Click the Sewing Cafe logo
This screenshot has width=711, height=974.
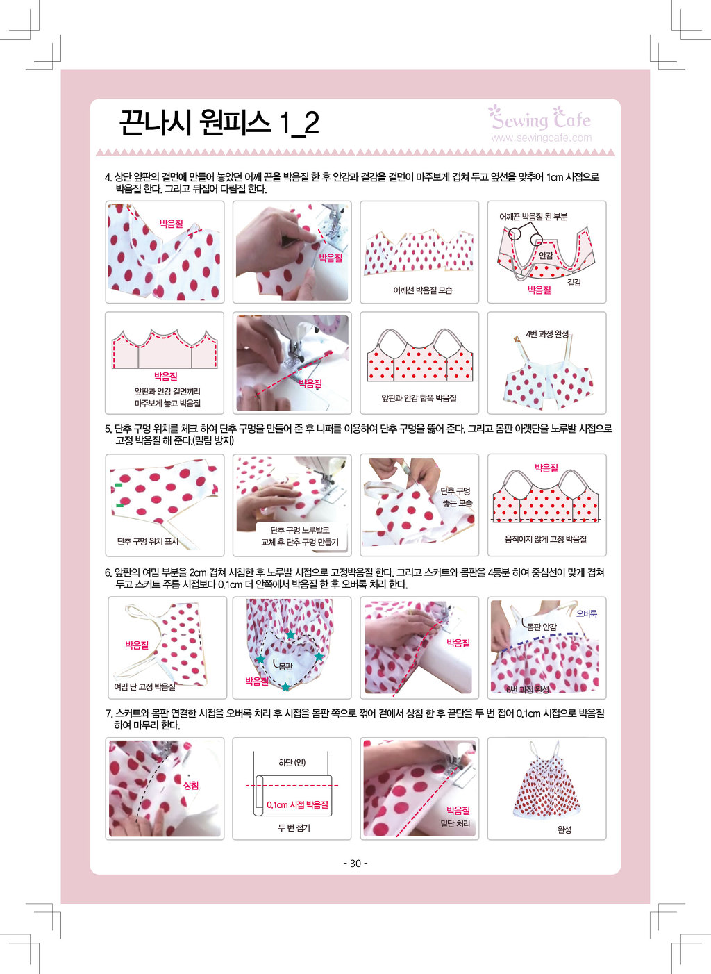[x=539, y=117]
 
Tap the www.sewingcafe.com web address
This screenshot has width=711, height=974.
[x=542, y=138]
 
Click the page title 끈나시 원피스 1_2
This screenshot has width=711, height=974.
[x=219, y=122]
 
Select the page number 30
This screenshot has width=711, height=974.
[x=355, y=863]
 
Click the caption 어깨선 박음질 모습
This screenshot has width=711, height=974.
[x=422, y=290]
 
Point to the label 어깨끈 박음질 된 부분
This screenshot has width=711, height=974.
[x=533, y=217]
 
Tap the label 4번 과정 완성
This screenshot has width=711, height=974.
[x=547, y=333]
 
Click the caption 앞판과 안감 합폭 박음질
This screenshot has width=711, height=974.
[x=419, y=398]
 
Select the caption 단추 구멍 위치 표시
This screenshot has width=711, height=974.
[x=148, y=541]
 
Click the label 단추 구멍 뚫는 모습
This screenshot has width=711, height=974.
[x=456, y=497]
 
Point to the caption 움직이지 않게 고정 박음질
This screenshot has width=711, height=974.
[x=546, y=539]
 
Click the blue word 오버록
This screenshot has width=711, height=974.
[x=587, y=613]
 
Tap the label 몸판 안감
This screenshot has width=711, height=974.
[x=542, y=627]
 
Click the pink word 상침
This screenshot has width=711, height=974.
[x=191, y=785]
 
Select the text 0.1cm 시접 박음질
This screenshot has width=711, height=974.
[x=297, y=805]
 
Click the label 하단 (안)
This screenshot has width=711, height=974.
[x=292, y=762]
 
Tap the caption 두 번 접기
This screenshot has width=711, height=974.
[x=294, y=828]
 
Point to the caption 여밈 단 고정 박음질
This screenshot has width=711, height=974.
[x=144, y=686]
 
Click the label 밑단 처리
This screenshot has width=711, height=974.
[x=455, y=823]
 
